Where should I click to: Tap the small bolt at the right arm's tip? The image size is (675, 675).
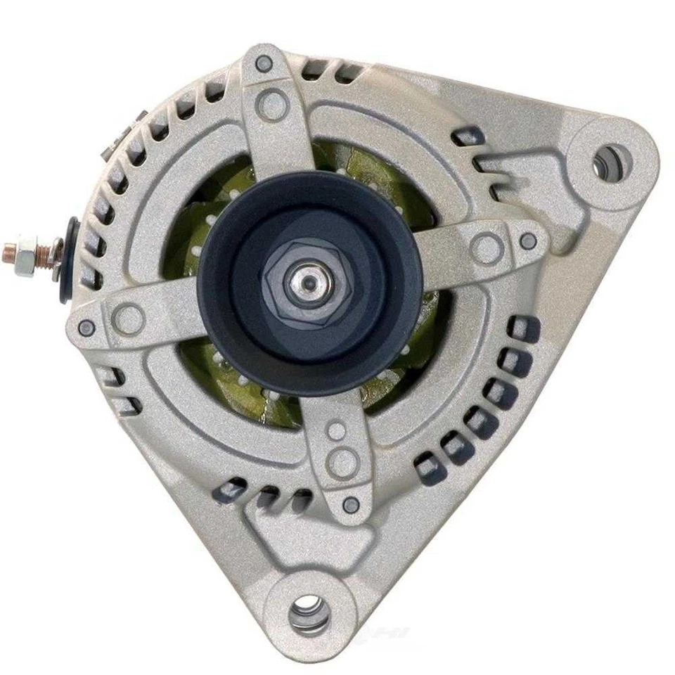point(528,240)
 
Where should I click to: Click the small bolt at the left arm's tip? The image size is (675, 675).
point(87,327)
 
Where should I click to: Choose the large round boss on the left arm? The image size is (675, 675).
point(129,319)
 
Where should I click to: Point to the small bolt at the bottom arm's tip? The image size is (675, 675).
point(352,503)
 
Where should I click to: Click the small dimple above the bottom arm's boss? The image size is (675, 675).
point(338,430)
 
